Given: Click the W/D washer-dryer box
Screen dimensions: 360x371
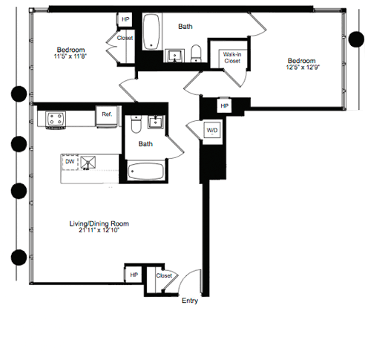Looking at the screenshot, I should (x=211, y=131).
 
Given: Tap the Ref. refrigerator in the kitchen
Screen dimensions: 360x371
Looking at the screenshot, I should (x=107, y=115).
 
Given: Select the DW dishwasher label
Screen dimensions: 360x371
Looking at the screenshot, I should (x=70, y=161).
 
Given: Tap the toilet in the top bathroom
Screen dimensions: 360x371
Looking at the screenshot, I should (x=197, y=53).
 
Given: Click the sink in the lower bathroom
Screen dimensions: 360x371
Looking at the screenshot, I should (x=157, y=122).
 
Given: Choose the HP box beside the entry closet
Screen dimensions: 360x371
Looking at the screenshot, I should (x=134, y=275).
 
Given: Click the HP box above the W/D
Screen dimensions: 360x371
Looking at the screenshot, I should (x=224, y=106).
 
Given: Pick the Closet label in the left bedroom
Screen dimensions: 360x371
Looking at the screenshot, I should (x=125, y=37).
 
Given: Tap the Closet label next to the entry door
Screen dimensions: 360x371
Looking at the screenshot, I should (x=164, y=275).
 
